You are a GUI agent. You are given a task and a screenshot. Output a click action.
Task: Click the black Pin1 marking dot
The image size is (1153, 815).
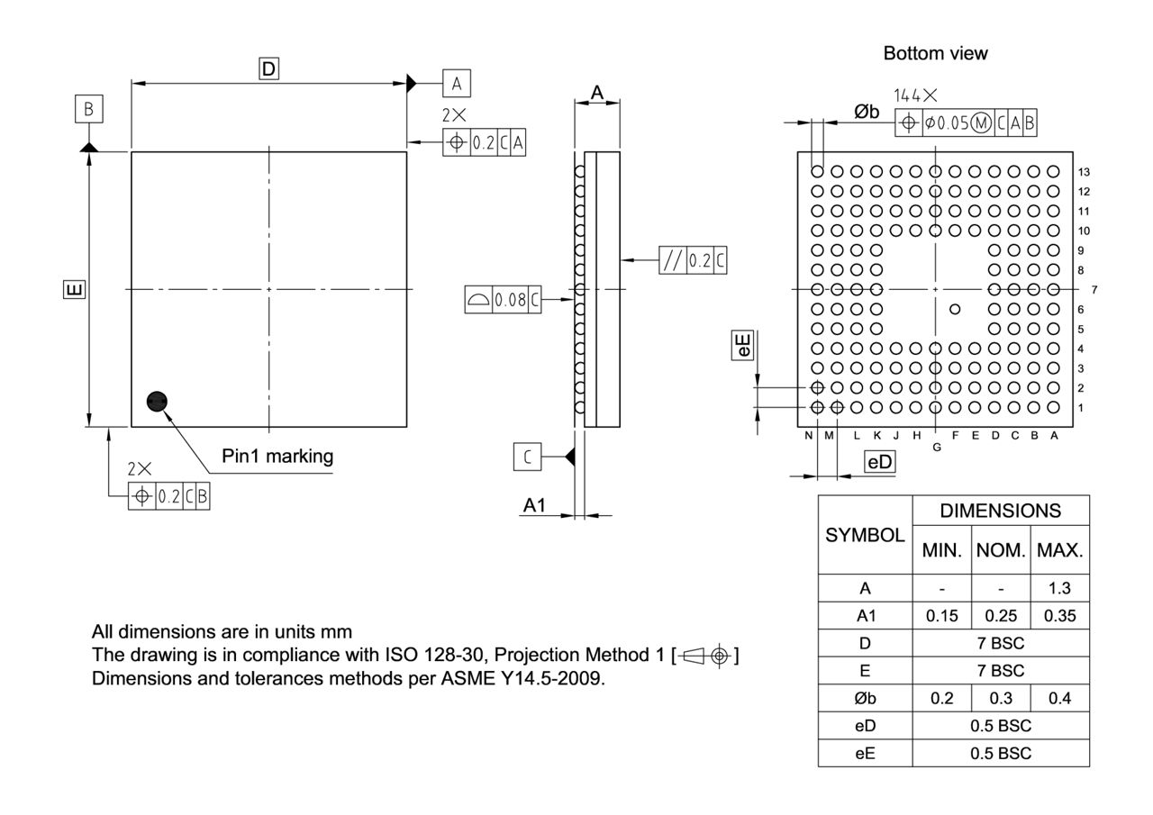157,402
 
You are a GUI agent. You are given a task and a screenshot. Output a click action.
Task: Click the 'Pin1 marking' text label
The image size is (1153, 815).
277,456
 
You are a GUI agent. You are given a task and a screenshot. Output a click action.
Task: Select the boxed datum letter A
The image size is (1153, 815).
456,84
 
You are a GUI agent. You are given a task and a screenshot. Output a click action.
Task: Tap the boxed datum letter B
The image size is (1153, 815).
88,110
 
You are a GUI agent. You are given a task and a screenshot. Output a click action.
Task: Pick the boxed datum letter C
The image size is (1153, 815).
528,457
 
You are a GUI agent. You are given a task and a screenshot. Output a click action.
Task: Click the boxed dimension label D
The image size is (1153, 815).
268,68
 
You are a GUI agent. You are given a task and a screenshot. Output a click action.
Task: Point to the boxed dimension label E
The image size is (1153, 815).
75,289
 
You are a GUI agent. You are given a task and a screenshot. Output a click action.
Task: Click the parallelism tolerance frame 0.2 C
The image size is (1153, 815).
693,260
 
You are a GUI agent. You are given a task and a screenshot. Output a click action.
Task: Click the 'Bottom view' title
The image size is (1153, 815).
935,53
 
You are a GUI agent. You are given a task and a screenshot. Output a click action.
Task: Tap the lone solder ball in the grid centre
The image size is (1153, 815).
955,309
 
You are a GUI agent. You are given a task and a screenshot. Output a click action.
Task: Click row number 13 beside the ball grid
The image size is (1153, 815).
1084,172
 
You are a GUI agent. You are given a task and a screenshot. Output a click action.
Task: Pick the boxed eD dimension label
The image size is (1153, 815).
879,462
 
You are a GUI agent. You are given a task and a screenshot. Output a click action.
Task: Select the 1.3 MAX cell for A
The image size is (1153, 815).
1059,588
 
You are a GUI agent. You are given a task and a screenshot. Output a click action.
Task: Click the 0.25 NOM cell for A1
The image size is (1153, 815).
1000,617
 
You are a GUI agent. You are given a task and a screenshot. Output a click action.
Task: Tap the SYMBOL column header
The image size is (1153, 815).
865,534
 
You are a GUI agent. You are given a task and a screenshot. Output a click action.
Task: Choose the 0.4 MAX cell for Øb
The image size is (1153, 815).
1059,698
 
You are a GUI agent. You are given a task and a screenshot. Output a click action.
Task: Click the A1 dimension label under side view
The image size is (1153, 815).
535,505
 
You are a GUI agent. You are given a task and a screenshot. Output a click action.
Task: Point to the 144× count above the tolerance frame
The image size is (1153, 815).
915,95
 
